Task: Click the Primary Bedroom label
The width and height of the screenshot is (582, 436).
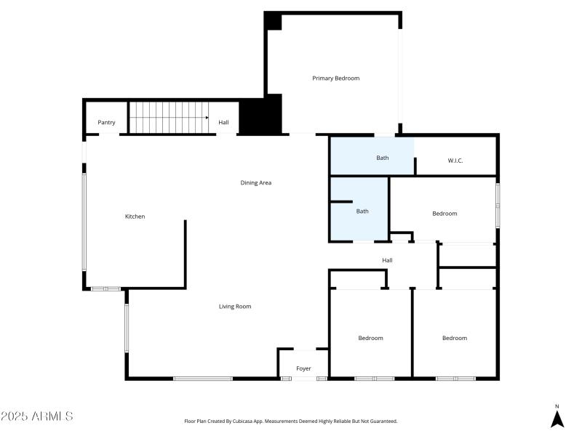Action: tap(335, 78)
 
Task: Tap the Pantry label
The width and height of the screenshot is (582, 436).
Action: tap(106, 123)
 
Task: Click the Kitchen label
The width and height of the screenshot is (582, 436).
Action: tap(135, 217)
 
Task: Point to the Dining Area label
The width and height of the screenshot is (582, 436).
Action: tap(255, 183)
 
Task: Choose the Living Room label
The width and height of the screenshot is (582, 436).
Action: tap(235, 307)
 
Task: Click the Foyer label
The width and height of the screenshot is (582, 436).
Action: tap(303, 369)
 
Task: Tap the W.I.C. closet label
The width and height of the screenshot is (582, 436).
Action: tap(455, 161)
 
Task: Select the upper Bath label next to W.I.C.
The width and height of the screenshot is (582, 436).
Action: tap(382, 158)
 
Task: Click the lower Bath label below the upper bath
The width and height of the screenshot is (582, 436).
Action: tap(362, 211)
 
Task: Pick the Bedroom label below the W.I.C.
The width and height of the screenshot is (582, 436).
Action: tap(445, 214)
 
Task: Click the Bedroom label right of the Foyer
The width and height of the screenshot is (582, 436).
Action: tap(370, 338)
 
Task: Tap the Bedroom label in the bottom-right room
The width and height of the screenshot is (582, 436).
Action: tap(455, 338)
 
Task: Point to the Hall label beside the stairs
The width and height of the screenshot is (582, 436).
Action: tap(223, 123)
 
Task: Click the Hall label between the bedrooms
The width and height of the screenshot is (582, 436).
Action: tap(387, 260)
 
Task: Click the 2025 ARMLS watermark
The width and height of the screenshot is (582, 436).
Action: tap(37, 416)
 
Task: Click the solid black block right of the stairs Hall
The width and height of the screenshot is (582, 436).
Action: tap(260, 116)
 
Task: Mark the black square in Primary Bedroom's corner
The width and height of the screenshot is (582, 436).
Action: tap(273, 21)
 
